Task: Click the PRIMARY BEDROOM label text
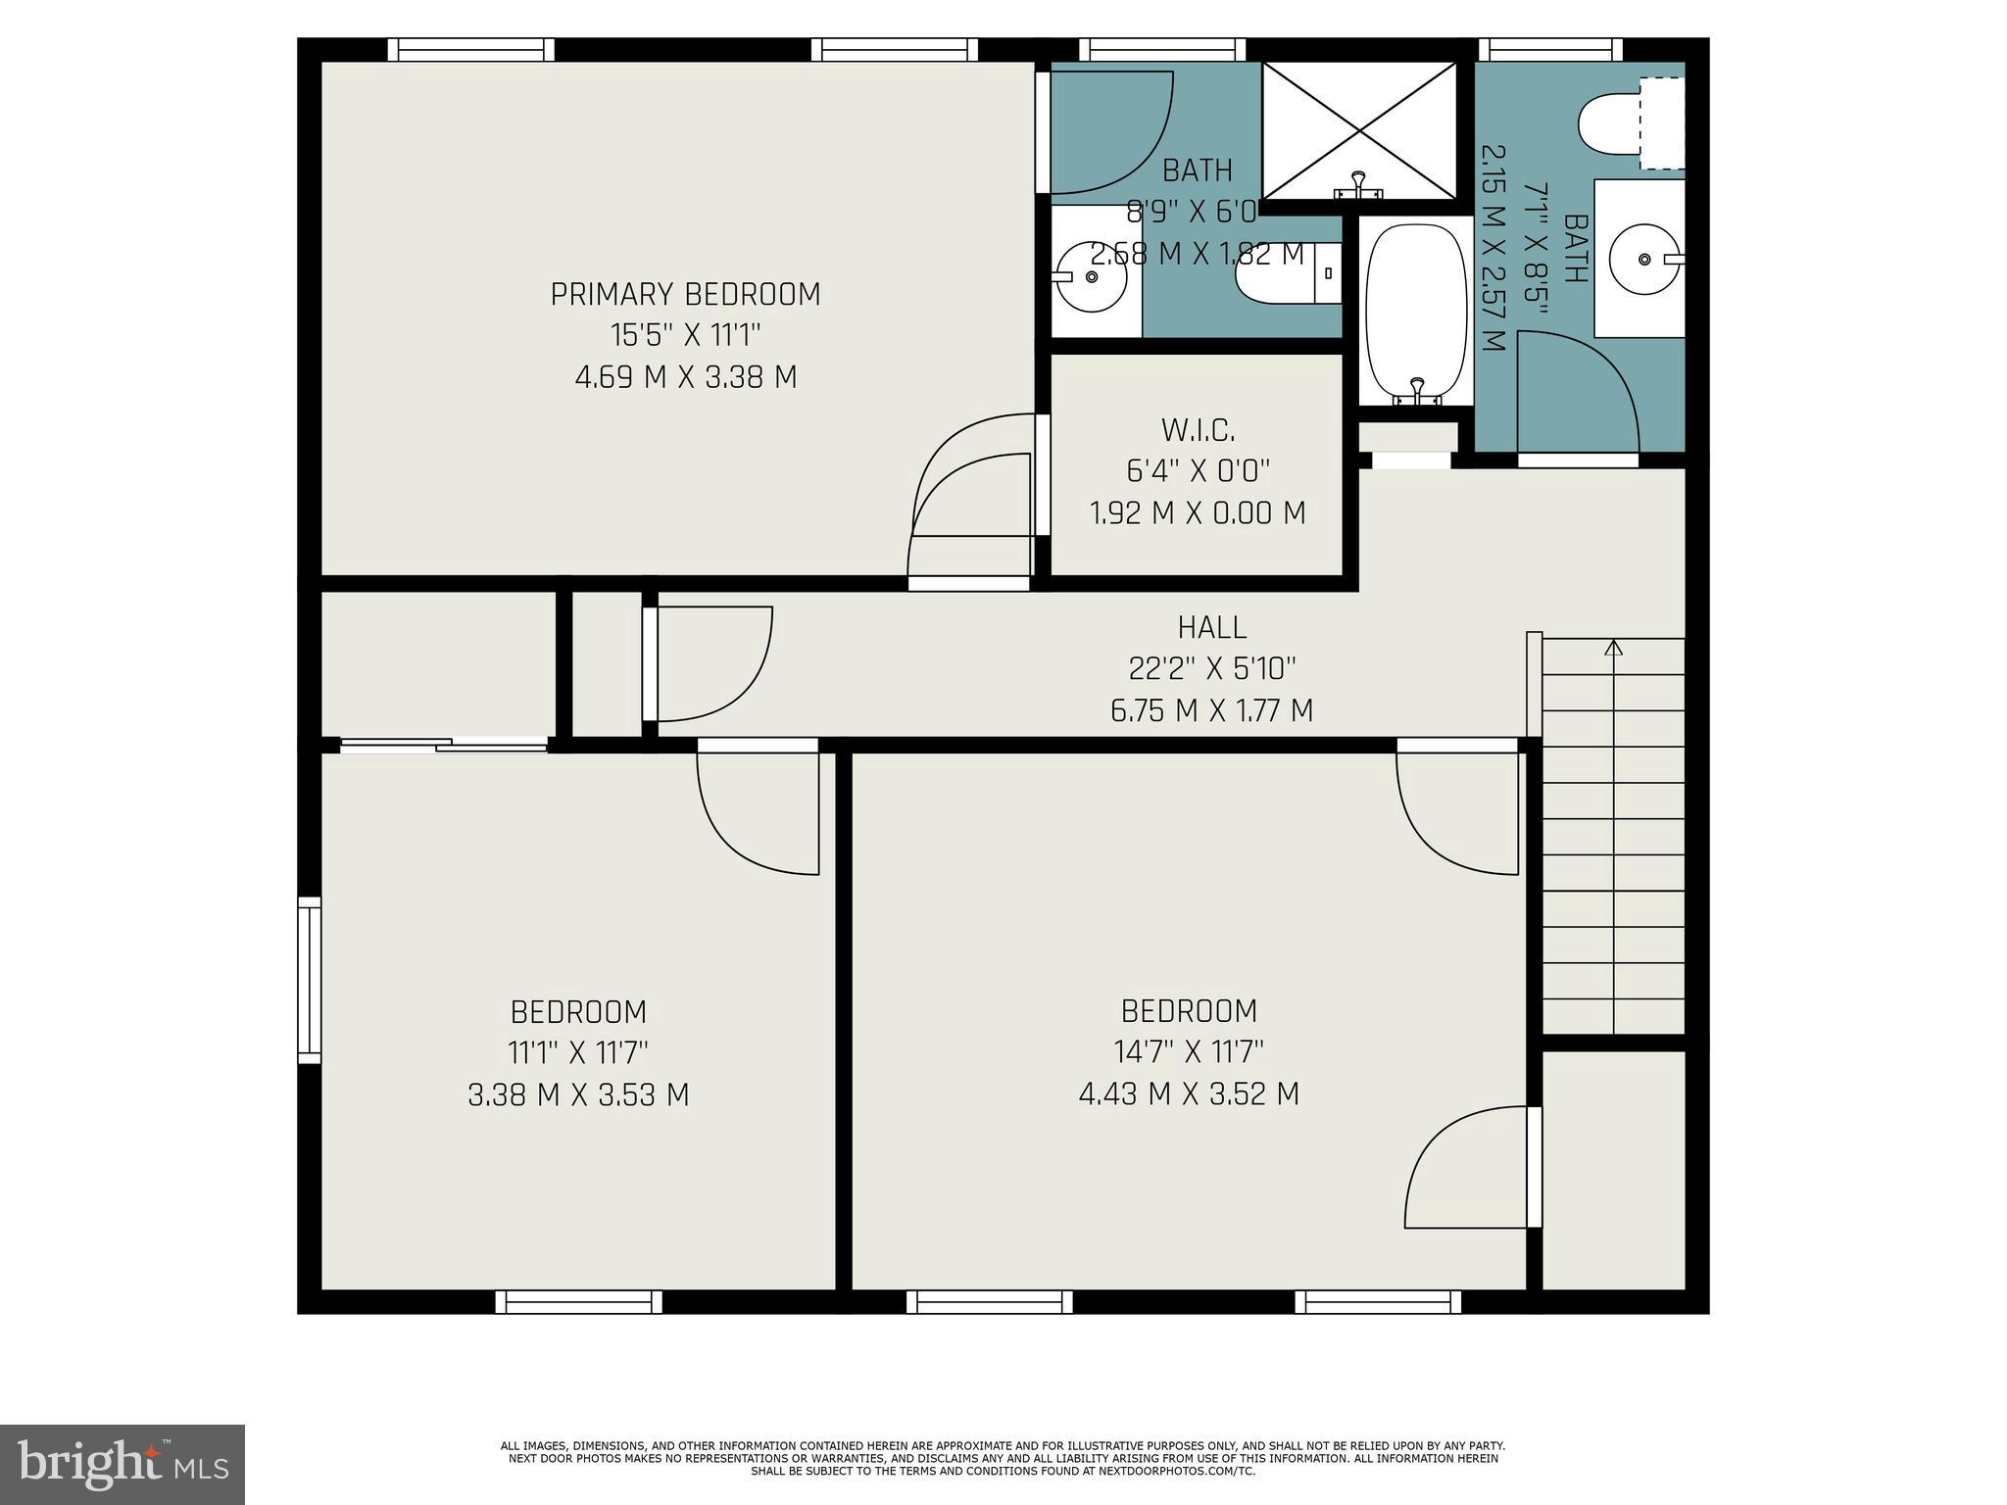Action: click(685, 294)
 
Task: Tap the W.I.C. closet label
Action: click(1198, 429)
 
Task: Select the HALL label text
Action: click(1211, 627)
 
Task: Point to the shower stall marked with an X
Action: click(1359, 129)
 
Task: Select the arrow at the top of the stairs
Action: click(1613, 648)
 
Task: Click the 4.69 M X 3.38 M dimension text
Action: click(685, 377)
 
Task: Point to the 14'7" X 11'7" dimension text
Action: click(1189, 1052)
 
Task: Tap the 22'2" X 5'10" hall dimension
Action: click(1211, 668)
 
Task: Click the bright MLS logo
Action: click(122, 1464)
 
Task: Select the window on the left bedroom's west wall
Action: click(309, 980)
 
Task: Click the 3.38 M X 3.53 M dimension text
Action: click(578, 1094)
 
